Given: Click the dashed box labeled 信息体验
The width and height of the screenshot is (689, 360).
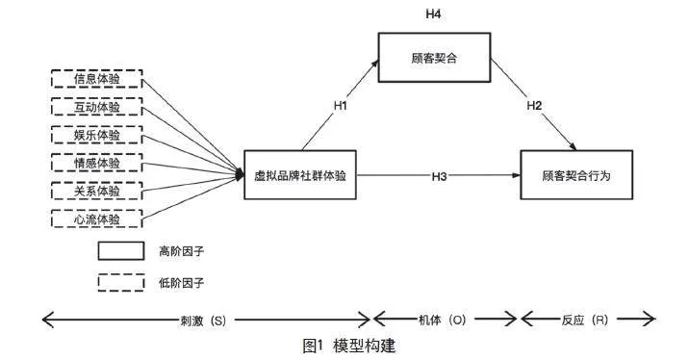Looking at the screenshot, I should point(97,79).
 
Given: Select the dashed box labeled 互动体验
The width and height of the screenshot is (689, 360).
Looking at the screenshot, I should point(97,107).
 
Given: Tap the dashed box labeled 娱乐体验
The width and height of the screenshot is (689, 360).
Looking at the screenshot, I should point(97,135).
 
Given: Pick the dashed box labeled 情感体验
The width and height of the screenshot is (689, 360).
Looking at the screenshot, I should point(97,163).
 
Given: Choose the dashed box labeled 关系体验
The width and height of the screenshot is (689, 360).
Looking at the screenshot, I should point(97,191).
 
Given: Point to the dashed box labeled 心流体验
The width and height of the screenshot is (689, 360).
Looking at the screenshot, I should point(97,219).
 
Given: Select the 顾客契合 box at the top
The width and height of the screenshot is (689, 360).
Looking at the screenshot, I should point(432,59).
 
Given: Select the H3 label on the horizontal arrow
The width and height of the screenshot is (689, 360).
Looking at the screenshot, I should point(440,175).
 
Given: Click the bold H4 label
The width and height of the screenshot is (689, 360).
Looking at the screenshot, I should point(432,13).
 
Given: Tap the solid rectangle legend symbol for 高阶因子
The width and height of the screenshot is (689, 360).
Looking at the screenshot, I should point(120,251).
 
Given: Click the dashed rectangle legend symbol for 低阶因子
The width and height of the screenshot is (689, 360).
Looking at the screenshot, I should point(120,282).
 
